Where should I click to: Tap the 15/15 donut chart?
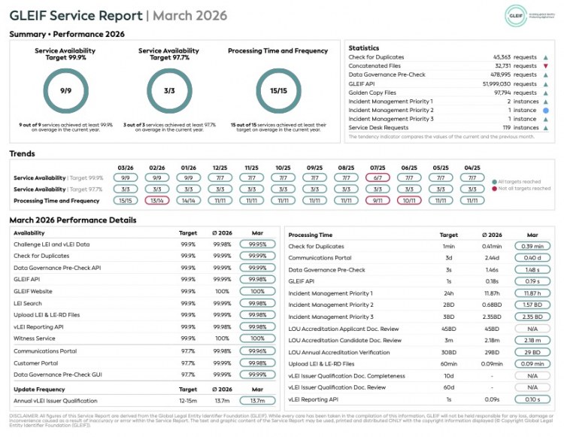coord(277,91)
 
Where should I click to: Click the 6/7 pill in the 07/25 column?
coord(378,178)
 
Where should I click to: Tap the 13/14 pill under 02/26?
coord(157,201)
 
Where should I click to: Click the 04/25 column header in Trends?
coord(472,168)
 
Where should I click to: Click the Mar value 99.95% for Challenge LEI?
coord(257,244)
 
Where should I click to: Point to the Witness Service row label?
coord(35,338)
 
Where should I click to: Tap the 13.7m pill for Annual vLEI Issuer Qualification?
coord(257,400)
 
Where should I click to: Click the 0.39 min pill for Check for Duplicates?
coord(532,246)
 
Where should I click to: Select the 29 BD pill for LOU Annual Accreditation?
coord(532,352)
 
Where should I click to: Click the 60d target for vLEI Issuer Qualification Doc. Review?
coord(448,387)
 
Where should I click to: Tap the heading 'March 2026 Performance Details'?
coord(73,220)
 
